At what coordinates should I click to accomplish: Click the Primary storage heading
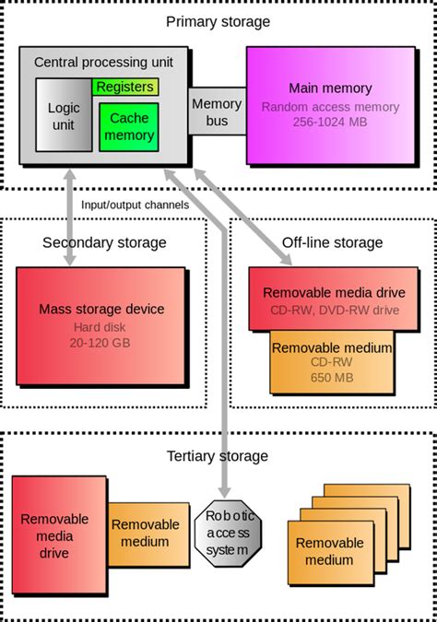click(218, 21)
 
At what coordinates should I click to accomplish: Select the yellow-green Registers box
click(124, 87)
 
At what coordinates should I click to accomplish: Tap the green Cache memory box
click(129, 127)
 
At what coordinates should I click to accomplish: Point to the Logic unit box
click(64, 115)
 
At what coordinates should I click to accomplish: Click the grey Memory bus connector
click(217, 111)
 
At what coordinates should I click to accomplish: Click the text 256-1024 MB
click(330, 122)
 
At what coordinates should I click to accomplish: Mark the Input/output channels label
click(135, 204)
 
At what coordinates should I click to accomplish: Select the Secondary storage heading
click(104, 242)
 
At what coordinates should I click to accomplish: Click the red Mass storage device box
click(104, 325)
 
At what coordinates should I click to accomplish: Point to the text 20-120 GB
click(104, 342)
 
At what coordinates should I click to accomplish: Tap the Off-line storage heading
click(332, 242)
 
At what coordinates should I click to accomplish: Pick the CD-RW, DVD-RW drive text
click(335, 310)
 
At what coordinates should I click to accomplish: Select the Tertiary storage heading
click(218, 455)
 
